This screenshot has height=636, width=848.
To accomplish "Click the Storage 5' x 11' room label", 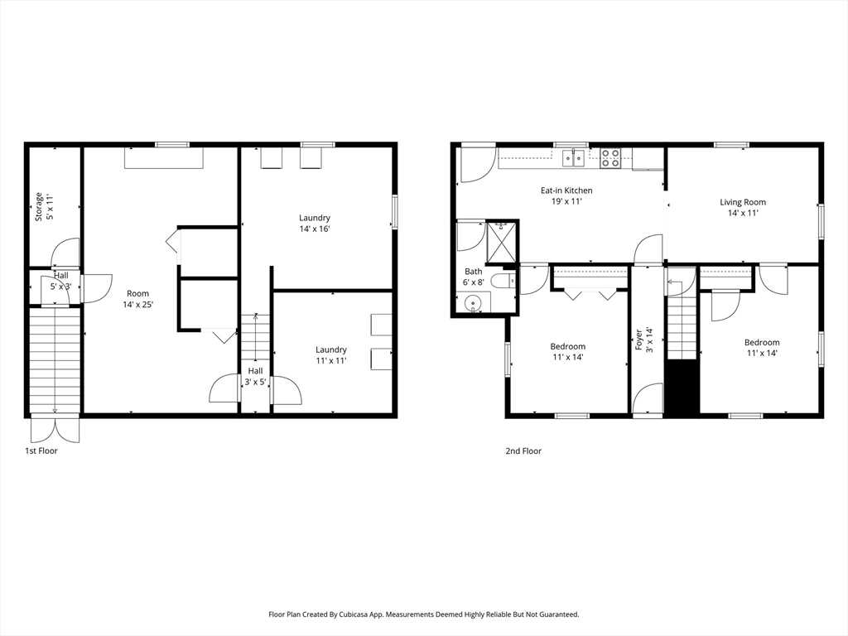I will click(x=44, y=206).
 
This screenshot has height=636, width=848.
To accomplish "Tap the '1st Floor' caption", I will click(x=41, y=451).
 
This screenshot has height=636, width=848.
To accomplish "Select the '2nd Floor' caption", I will click(x=523, y=451).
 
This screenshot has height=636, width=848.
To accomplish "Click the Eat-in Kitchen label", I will click(x=566, y=195).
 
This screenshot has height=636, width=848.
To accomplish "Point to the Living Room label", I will click(x=742, y=207).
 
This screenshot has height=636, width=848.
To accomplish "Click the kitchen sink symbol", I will click(x=575, y=157).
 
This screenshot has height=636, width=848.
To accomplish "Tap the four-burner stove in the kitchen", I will click(x=611, y=157).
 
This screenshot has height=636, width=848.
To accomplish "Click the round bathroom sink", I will click(x=474, y=303).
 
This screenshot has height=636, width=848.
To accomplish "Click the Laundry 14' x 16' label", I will click(x=315, y=224).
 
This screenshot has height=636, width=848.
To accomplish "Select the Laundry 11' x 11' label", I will click(x=331, y=354).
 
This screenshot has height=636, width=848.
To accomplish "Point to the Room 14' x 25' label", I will click(x=137, y=299).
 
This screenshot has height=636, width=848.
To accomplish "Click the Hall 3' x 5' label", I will click(x=255, y=376).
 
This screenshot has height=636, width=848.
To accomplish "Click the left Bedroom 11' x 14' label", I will click(x=568, y=352).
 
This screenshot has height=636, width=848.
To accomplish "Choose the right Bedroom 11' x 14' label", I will click(x=761, y=348).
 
